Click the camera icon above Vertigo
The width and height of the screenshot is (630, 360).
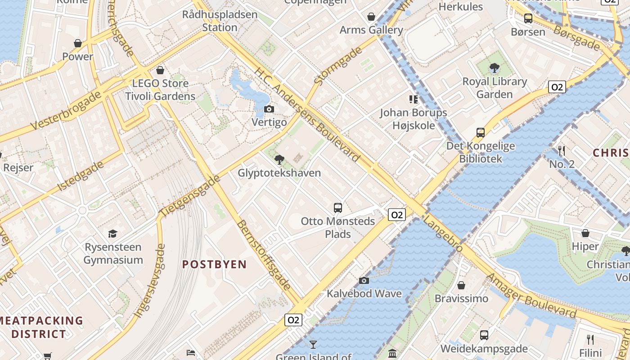(269, 109)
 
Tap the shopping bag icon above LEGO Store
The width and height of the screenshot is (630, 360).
(160, 70)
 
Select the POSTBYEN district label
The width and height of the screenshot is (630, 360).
(215, 264)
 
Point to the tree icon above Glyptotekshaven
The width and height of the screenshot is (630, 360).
(279, 159)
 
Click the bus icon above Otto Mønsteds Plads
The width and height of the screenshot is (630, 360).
(338, 208)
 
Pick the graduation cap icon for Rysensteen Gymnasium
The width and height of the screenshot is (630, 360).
(112, 234)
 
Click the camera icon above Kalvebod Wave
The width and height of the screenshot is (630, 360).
(364, 281)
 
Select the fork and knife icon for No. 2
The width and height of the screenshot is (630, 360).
(561, 150)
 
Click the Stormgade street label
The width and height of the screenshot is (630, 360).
(338, 66)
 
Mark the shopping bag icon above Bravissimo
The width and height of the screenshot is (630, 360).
(461, 285)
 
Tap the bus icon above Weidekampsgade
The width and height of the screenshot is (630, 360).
(484, 335)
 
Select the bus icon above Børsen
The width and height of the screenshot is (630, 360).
(528, 18)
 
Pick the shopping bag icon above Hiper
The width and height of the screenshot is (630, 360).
(585, 233)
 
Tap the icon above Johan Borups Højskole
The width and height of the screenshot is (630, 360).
(413, 99)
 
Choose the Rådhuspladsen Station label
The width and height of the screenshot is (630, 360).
(220, 21)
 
